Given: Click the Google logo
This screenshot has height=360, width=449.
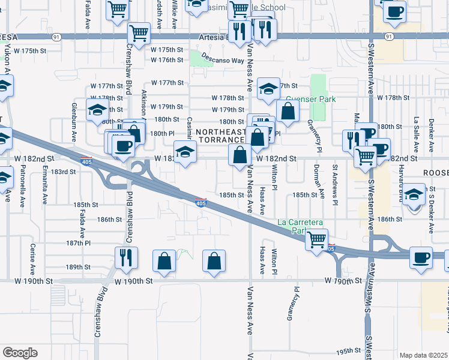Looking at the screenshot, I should pyautogui.click(x=20, y=352).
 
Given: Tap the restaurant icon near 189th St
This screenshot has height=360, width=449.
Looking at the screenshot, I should pyautogui.click(x=126, y=257).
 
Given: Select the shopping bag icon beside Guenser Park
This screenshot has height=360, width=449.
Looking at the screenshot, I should pyautogui.click(x=288, y=111).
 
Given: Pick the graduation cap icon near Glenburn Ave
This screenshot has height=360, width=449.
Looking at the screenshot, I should pyautogui.click(x=97, y=110).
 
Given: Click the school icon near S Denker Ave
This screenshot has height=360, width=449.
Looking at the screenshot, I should pyautogui.click(x=414, y=195).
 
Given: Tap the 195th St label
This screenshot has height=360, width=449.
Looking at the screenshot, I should pyautogui.click(x=347, y=351).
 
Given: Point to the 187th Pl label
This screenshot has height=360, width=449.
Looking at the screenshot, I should pyautogui.click(x=78, y=243).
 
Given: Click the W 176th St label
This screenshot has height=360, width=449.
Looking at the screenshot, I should pyautogui.click(x=167, y=60).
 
